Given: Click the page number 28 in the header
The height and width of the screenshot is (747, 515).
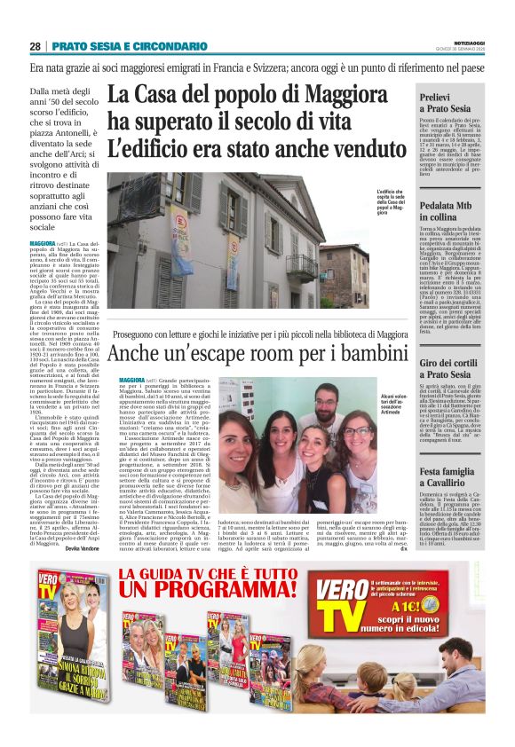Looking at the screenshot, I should point(35,46).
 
